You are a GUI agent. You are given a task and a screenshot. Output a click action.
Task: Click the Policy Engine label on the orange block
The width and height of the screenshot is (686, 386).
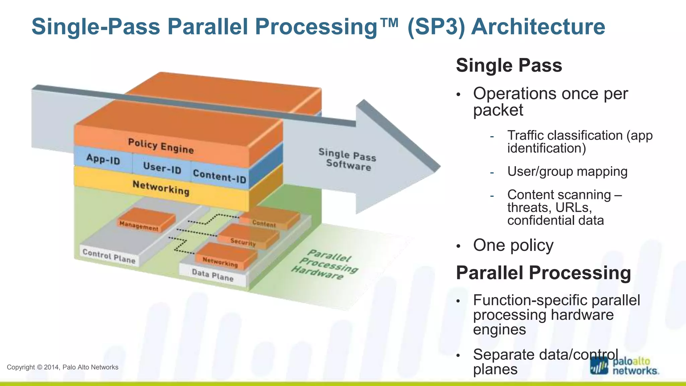[161, 146]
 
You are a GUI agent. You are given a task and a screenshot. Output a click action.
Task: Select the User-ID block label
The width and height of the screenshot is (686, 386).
[162, 168]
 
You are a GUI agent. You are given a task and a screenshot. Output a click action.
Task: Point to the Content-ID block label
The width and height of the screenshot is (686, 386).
[219, 176]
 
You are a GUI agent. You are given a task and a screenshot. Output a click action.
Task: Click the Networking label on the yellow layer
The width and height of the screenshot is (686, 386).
[161, 188]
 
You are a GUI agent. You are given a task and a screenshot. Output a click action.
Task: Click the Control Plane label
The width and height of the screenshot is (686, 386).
[109, 256]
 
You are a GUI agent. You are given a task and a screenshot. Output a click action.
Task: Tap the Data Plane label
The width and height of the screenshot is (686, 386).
[213, 276]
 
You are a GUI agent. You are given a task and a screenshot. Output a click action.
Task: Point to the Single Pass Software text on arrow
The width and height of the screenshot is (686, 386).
[348, 159]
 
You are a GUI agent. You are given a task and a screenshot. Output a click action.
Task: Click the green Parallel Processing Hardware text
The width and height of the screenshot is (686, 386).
[325, 265]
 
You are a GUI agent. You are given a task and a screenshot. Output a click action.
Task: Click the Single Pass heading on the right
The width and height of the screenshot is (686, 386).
[509, 65]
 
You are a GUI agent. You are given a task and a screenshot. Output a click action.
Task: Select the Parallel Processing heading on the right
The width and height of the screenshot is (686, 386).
[543, 273]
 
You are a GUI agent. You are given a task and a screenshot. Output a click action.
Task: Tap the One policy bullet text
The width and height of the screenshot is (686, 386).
[513, 245]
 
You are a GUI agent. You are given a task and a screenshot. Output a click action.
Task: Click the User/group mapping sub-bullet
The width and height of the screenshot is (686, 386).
[567, 172]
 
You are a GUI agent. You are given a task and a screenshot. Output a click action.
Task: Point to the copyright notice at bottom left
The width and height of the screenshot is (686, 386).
[63, 367]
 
